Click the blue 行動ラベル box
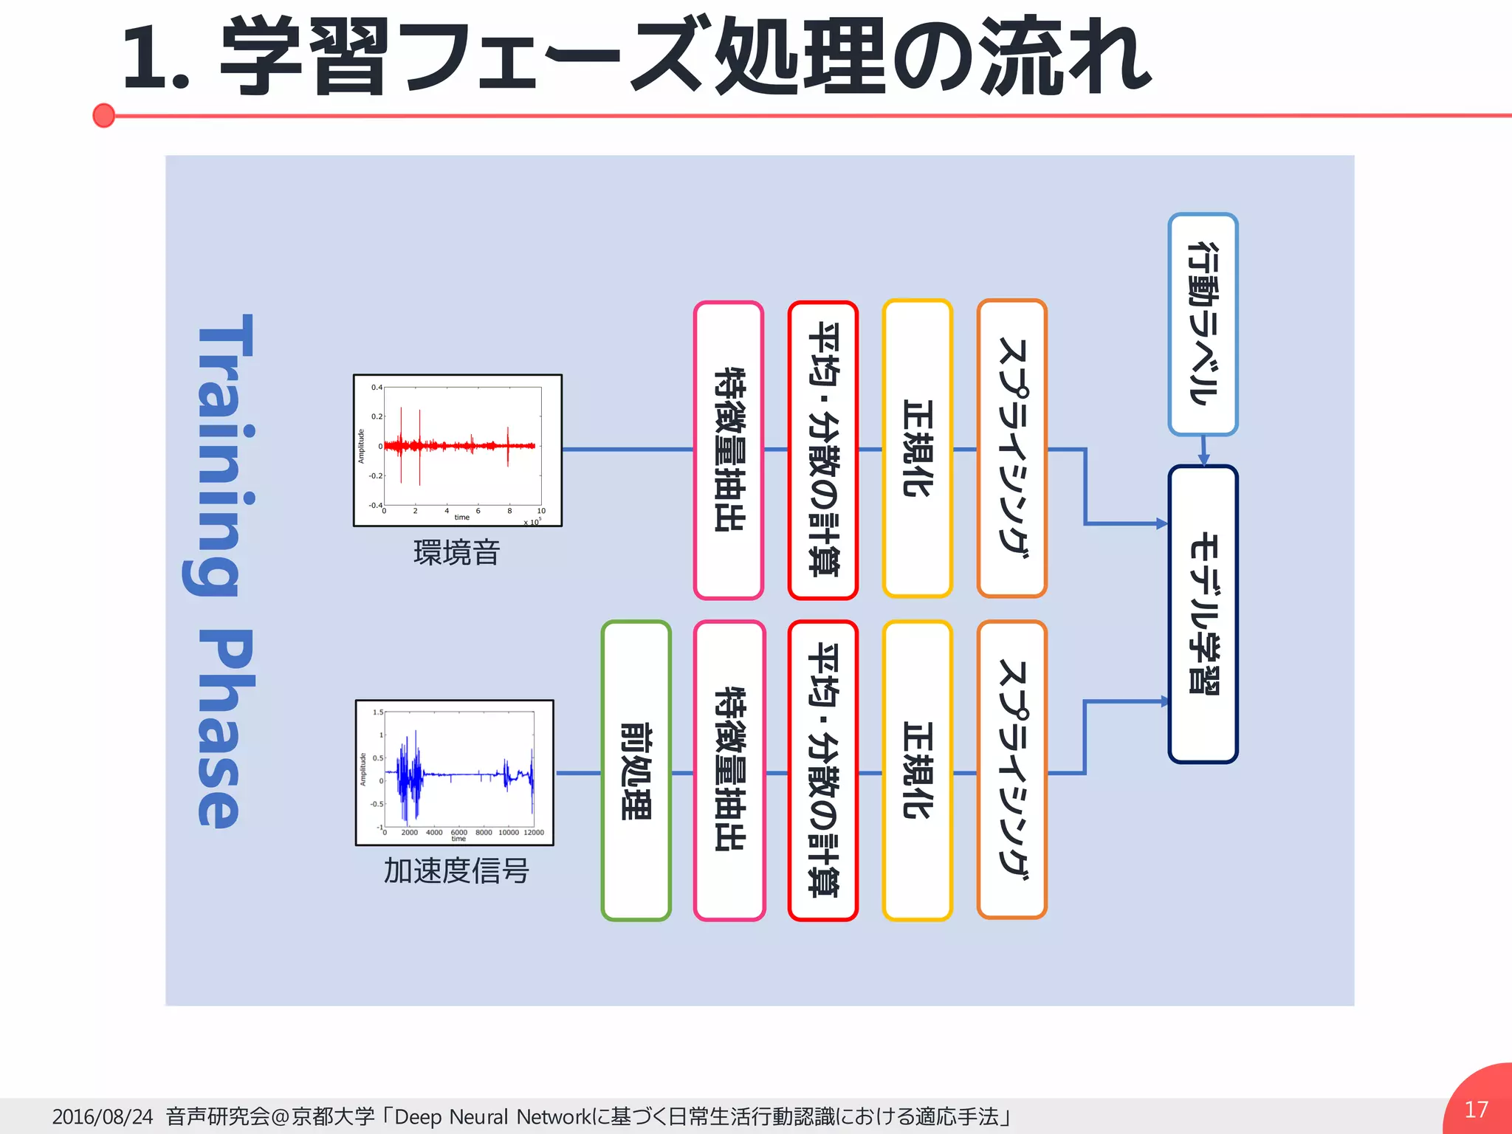point(1203,324)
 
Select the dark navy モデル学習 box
point(1203,614)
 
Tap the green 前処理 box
point(636,771)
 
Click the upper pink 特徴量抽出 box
point(729,450)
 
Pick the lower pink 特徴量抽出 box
point(729,771)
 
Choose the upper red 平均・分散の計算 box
point(823,450)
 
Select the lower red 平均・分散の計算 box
point(823,771)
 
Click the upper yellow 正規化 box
point(918,448)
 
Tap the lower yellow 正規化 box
point(918,771)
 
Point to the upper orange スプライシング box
point(1012,448)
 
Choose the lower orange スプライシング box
point(1012,769)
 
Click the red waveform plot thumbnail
point(458,450)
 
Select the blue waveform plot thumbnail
point(455,772)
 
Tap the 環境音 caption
point(457,552)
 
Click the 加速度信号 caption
point(456,871)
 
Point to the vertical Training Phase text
point(219,570)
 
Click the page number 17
point(1476,1109)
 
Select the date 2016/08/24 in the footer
point(103,1116)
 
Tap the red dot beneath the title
point(104,115)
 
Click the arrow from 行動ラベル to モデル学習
point(1203,450)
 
